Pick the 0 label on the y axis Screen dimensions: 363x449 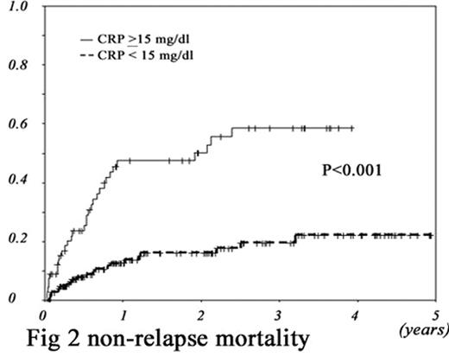[x=10, y=299]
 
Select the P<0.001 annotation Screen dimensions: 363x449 [x=351, y=170]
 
